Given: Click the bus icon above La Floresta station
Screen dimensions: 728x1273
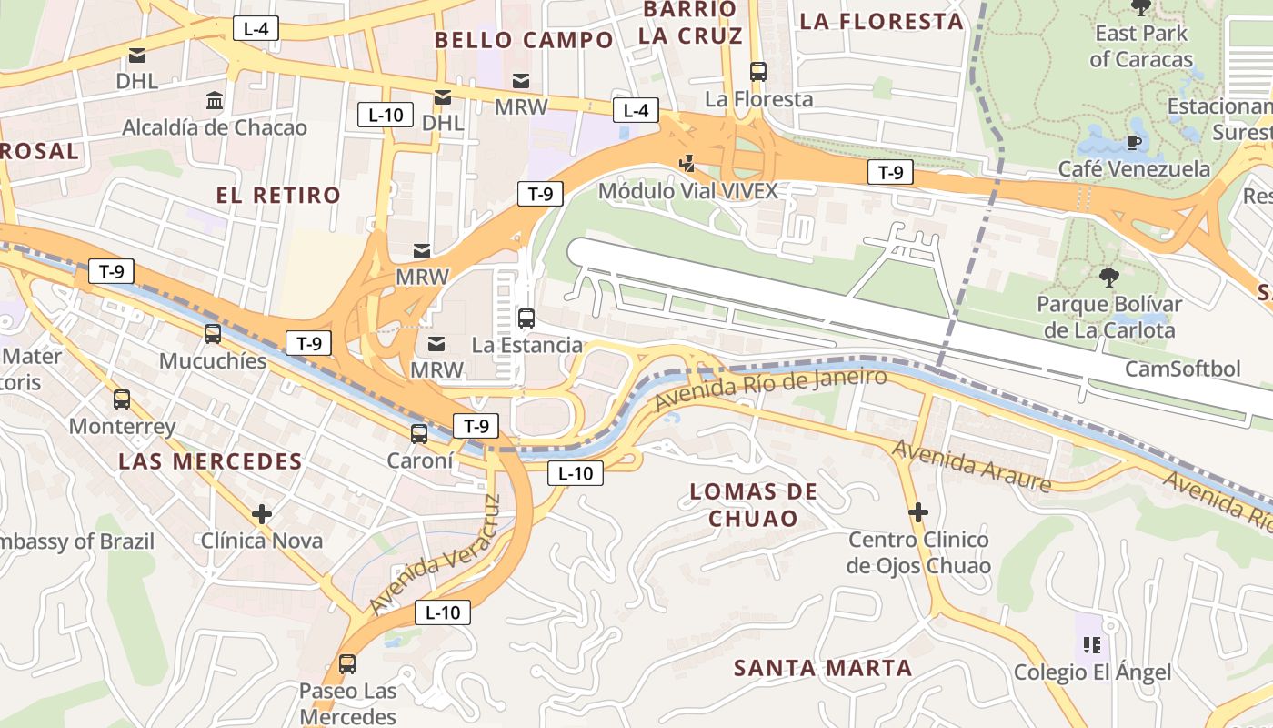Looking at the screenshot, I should pyautogui.click(x=758, y=71).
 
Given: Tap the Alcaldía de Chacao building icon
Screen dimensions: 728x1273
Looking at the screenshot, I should pyautogui.click(x=215, y=100).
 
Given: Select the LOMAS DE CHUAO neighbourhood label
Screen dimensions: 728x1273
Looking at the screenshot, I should pyautogui.click(x=753, y=505).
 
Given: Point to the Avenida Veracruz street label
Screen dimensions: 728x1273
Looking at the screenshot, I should pyautogui.click(x=436, y=555).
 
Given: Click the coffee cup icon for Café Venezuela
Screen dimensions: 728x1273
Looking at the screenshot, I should pyautogui.click(x=1133, y=142).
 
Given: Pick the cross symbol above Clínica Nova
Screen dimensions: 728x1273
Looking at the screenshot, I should pyautogui.click(x=262, y=514).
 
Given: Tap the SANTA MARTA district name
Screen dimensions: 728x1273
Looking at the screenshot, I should pyautogui.click(x=823, y=668).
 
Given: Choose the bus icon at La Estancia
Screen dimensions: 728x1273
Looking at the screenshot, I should pyautogui.click(x=526, y=318).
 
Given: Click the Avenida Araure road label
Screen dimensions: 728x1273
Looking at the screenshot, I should pyautogui.click(x=971, y=465).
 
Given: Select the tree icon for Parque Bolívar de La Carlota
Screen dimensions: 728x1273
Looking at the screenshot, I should pyautogui.click(x=1108, y=277).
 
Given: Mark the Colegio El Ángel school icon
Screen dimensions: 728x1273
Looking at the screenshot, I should pyautogui.click(x=1092, y=645).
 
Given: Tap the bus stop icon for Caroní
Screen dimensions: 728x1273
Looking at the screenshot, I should pyautogui.click(x=419, y=434).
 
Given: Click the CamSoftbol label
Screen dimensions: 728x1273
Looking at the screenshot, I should pyautogui.click(x=1182, y=369).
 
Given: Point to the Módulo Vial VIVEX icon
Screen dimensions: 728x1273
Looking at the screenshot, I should pyautogui.click(x=687, y=164).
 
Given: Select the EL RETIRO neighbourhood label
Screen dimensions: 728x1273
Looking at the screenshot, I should pyautogui.click(x=278, y=195).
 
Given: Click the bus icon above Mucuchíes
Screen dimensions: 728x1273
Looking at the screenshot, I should pyautogui.click(x=213, y=334).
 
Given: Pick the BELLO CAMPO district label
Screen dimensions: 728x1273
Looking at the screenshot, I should pyautogui.click(x=524, y=40).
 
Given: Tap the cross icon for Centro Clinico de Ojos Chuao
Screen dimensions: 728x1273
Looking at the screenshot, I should pyautogui.click(x=918, y=512).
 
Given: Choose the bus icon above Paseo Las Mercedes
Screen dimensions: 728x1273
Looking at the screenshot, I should pyautogui.click(x=347, y=664).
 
